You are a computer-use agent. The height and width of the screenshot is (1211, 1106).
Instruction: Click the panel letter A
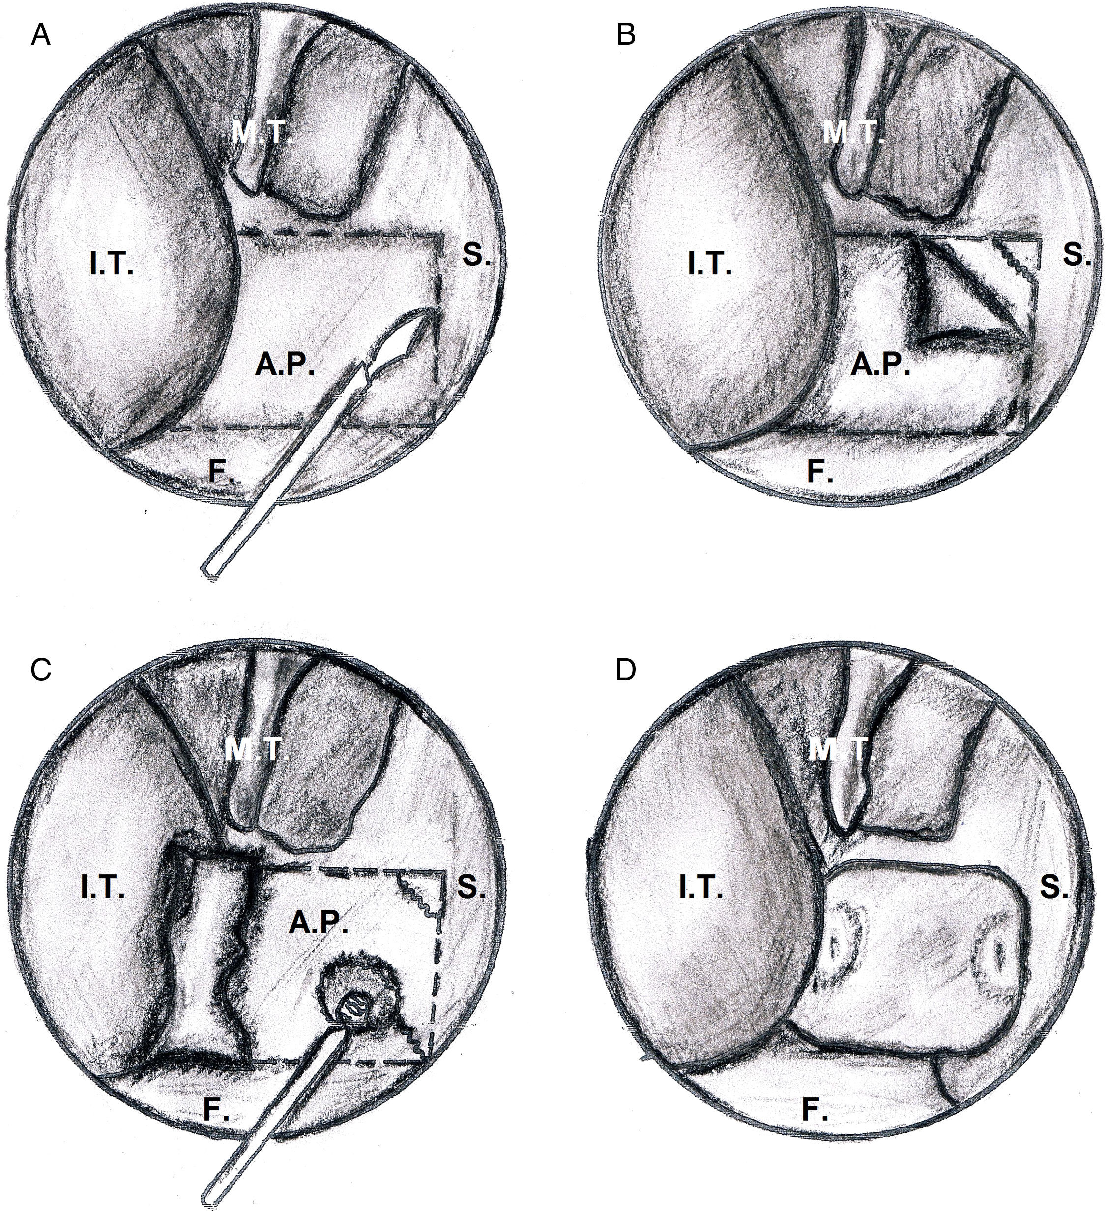[41, 37]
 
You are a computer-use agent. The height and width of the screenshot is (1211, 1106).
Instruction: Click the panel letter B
[626, 37]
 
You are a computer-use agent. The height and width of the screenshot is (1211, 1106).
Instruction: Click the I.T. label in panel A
[112, 264]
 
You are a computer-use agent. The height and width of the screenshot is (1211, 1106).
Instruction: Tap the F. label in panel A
[222, 472]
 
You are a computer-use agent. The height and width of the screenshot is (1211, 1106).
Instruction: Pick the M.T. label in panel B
[852, 133]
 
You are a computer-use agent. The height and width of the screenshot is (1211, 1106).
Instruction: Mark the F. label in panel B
[819, 473]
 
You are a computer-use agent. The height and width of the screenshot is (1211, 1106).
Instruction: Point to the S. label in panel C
[469, 888]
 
